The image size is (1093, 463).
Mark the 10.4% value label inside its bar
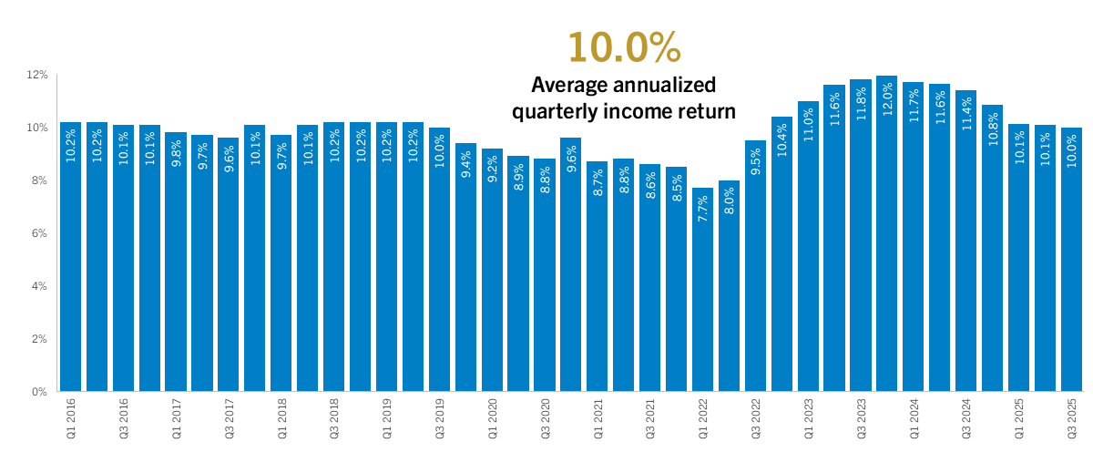point(781,142)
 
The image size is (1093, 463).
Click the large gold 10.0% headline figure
point(624,47)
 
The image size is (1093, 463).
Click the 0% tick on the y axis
point(40,392)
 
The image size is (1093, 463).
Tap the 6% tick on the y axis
point(40,233)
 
